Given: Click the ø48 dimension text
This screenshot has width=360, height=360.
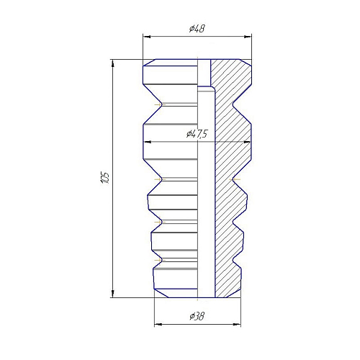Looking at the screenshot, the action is point(197,29).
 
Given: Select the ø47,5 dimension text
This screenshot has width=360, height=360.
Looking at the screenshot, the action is point(197,134).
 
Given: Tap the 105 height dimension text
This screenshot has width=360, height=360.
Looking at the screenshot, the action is point(105,178).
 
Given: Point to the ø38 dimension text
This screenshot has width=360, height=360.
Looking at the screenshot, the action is point(197,316).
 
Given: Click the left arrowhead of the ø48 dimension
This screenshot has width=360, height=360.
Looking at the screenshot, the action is point(147,37).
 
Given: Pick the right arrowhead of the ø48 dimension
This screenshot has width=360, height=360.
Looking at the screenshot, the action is point(248,37).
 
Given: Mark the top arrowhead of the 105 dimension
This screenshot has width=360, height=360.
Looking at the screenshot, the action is point(113,63).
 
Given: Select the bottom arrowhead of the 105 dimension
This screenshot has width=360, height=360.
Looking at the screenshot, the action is point(113,294).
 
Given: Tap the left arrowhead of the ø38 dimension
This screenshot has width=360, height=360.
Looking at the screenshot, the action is point(158,325).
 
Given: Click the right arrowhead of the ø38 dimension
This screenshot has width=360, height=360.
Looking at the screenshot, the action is point(237,325).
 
